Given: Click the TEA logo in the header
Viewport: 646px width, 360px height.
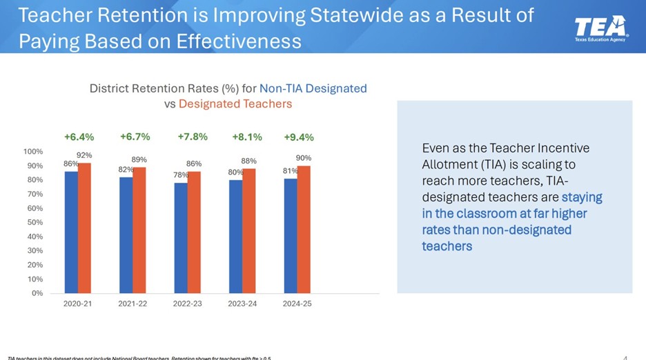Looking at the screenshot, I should pos(601,27).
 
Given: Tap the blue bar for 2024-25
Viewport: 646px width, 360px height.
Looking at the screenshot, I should pos(290,236).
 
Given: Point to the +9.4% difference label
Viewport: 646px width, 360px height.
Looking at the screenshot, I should pos(299,137).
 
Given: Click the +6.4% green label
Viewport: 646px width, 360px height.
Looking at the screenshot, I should pos(79,137).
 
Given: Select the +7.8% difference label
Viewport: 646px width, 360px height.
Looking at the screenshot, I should pos(193,137).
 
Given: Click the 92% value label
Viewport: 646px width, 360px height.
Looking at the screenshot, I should pos(84,155).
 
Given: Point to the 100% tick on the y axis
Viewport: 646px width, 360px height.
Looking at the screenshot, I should pos(33,151).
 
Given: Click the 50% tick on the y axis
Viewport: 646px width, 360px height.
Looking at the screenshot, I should pos(35,222).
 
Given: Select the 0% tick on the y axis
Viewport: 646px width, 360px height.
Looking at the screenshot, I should pos(37,293).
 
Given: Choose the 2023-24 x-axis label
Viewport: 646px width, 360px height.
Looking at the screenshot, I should pos(242,304).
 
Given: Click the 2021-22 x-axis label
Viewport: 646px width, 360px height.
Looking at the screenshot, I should pos(133,304).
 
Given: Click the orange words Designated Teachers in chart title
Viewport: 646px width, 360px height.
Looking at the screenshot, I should pos(235,103).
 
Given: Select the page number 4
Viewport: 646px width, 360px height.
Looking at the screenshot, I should pos(625,357).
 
